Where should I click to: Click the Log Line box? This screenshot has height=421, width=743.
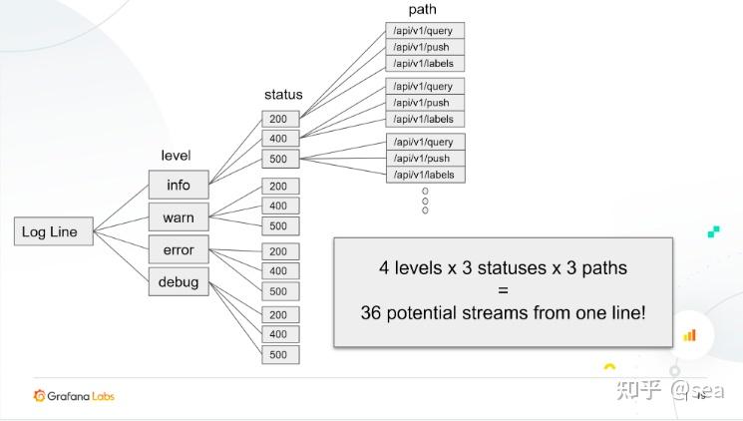click(x=54, y=231)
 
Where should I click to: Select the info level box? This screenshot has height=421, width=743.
click(x=179, y=185)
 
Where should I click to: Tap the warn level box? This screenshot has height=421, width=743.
click(x=179, y=217)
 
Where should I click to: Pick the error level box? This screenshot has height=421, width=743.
click(x=179, y=249)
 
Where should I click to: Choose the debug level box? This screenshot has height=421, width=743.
click(x=179, y=281)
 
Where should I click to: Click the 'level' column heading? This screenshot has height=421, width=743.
click(x=176, y=156)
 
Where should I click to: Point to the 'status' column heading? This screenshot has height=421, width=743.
click(x=283, y=95)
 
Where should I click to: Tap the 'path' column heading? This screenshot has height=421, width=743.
click(x=422, y=10)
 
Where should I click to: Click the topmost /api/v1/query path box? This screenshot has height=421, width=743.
click(x=425, y=31)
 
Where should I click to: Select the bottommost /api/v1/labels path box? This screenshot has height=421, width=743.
click(x=426, y=175)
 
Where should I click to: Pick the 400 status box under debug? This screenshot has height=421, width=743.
click(x=280, y=334)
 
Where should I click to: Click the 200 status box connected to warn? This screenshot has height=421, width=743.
click(x=280, y=187)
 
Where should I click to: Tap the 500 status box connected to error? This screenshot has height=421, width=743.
click(x=280, y=291)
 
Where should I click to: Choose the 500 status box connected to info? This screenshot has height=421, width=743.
click(x=280, y=159)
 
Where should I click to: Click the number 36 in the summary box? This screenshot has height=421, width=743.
click(x=371, y=313)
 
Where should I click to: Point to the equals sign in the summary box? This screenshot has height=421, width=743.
click(x=504, y=290)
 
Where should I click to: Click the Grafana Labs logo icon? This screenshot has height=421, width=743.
click(x=39, y=396)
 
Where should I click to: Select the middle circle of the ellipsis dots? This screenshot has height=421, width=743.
click(x=425, y=201)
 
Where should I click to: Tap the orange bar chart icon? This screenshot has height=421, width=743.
click(x=689, y=335)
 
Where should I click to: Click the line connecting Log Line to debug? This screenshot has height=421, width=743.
click(x=122, y=256)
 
